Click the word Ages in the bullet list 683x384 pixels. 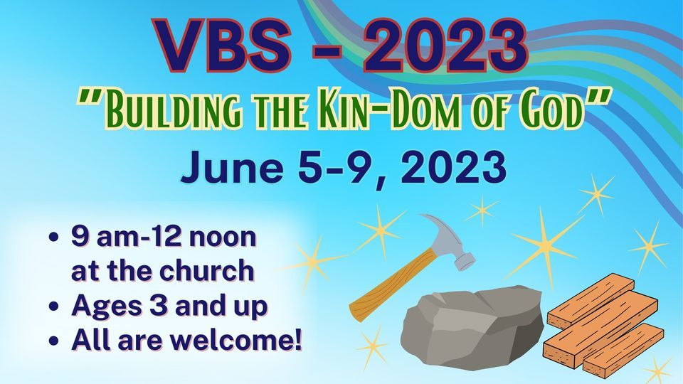point(102,306)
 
